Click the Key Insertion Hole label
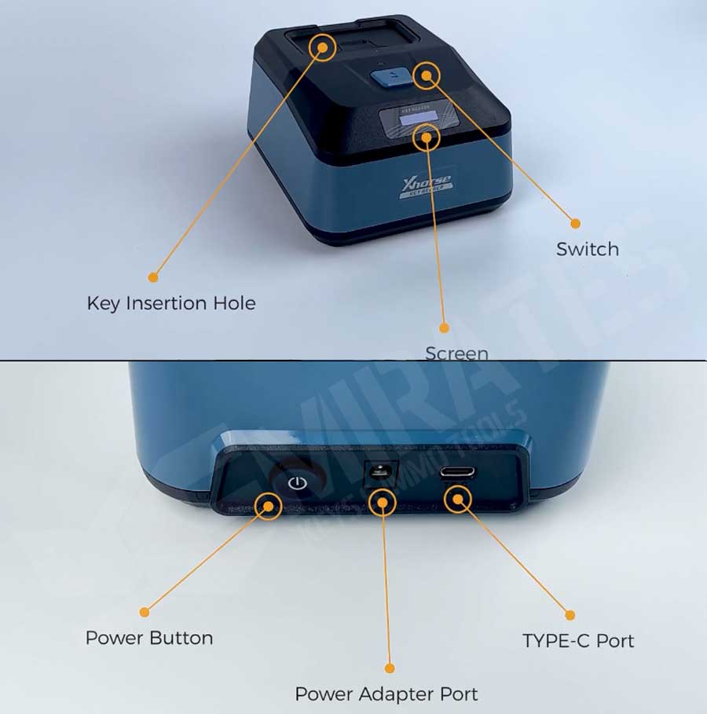point(171,303)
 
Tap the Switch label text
point(588,250)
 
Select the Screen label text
point(456,353)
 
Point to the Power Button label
point(149,637)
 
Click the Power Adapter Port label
point(386,694)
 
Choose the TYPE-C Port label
point(578,641)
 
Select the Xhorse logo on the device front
point(424,186)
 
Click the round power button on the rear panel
point(297,481)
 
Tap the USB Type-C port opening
point(457,474)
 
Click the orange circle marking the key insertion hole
point(322,47)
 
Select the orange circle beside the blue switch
point(427,75)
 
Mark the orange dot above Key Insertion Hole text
point(153,276)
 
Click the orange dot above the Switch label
point(575,223)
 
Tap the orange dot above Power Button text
point(144,611)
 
